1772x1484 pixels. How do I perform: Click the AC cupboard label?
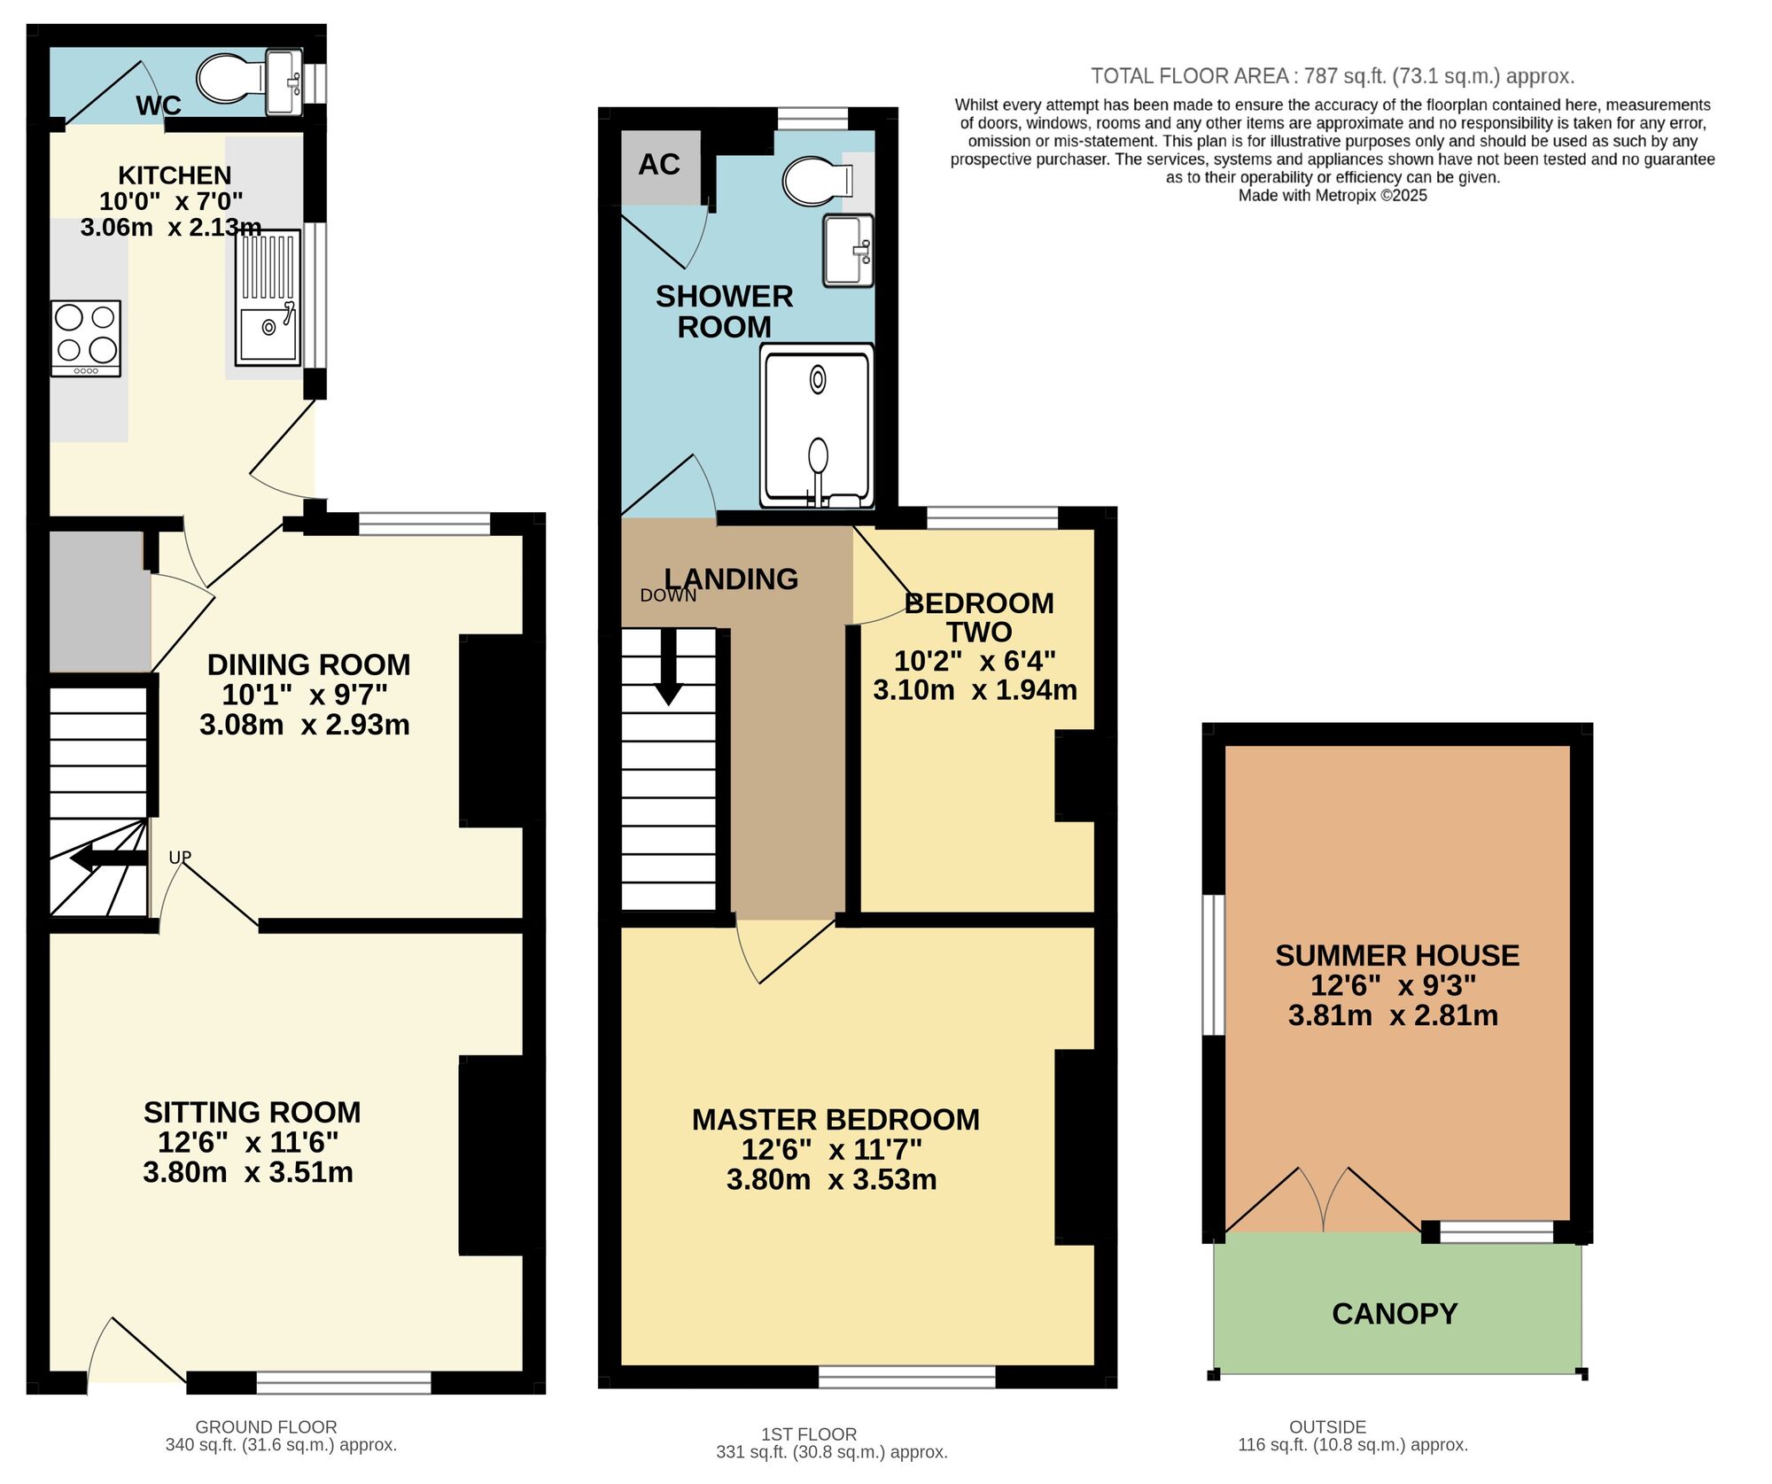coord(659,165)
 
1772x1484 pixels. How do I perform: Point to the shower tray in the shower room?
coord(817,425)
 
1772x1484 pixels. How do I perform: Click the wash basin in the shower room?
coord(848,251)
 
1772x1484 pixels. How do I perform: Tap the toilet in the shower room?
coord(815,181)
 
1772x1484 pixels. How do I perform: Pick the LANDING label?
coord(732,579)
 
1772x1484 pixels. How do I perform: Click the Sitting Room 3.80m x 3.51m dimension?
coord(248,1173)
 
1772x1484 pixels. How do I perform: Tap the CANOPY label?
coord(1395,1314)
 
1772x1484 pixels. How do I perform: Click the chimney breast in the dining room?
coord(493,731)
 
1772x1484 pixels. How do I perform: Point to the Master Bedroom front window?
coord(906,1377)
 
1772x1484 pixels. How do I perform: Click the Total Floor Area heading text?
coord(1332,76)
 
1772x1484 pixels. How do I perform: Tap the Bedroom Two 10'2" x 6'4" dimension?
coord(975,662)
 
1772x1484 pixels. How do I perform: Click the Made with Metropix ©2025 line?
coord(1333,196)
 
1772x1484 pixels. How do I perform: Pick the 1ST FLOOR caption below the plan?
coord(809,1433)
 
